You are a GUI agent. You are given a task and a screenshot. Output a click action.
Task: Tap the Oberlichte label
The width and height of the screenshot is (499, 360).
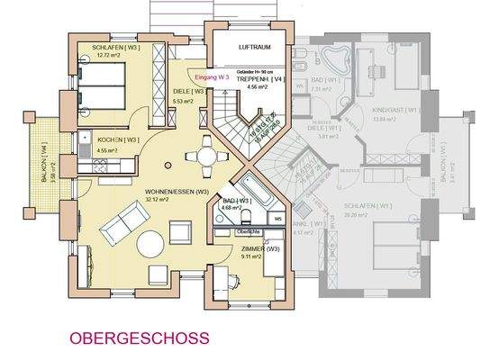248,231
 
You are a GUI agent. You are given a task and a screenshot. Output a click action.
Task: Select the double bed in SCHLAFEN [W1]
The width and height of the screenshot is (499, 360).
403,248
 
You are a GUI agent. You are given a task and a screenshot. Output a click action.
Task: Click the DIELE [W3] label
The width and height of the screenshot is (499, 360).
187,91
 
